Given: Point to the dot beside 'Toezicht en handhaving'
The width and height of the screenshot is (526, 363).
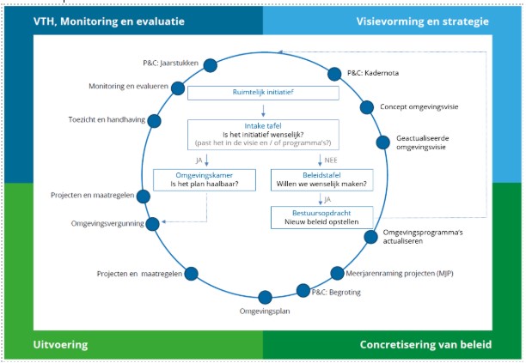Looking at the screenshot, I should (154, 120).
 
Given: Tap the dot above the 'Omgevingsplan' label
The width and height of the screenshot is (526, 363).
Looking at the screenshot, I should (265, 297).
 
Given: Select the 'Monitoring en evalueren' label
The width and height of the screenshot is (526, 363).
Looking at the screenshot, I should (129, 87).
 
